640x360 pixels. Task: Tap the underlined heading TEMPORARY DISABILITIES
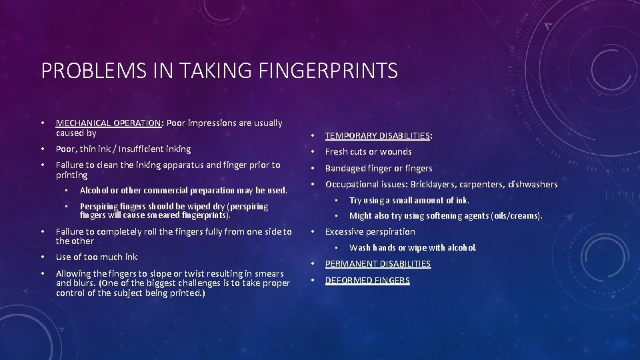(x=377, y=136)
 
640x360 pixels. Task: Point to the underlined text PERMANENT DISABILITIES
(x=377, y=264)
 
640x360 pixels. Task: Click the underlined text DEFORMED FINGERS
(x=367, y=281)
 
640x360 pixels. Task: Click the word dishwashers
(x=533, y=185)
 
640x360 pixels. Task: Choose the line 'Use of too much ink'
(x=97, y=257)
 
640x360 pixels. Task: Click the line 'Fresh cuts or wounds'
(x=368, y=152)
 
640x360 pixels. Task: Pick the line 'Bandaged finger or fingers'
(x=379, y=169)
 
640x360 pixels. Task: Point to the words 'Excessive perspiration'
(x=370, y=232)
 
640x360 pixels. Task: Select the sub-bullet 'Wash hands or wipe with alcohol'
(x=413, y=248)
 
